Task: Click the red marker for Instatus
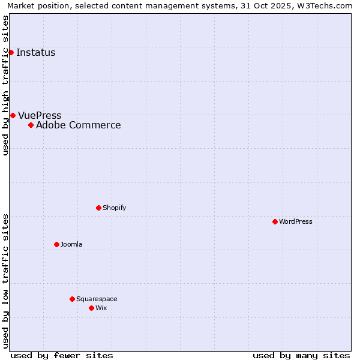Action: tap(11, 53)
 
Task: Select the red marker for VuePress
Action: tap(13, 115)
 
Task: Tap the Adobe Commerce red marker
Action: tap(31, 125)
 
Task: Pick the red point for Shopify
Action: tap(98, 208)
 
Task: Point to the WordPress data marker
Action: tap(275, 221)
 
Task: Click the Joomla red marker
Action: tap(56, 244)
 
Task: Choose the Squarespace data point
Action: tap(72, 299)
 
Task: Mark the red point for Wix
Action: tap(91, 308)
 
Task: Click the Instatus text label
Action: tap(36, 53)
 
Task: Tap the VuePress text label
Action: tap(40, 115)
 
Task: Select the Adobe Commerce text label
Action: tap(79, 125)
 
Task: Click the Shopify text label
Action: tap(114, 208)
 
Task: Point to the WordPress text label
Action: tap(296, 221)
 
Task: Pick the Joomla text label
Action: tap(71, 244)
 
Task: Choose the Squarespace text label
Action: tap(97, 299)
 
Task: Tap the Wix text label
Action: tap(101, 308)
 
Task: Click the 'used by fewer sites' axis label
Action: tap(62, 355)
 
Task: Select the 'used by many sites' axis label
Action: tap(301, 355)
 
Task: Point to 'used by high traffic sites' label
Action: tap(5, 85)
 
